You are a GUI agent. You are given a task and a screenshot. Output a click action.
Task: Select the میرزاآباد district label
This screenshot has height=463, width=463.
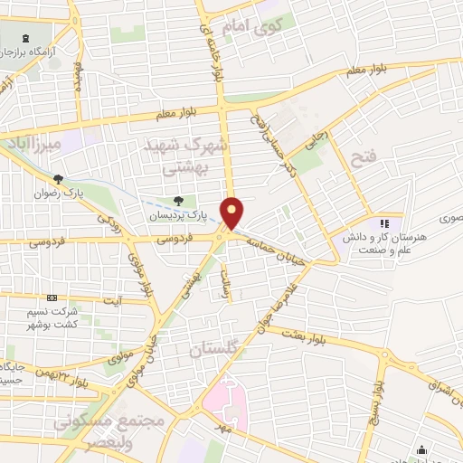pos(30,143)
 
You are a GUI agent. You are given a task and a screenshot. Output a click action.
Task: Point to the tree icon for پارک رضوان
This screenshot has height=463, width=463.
pos(59,179)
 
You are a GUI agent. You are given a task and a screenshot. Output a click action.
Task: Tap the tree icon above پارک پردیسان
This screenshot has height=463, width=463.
pos(177,202)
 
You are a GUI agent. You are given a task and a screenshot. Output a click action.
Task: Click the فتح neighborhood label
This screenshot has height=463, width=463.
pos(362,158)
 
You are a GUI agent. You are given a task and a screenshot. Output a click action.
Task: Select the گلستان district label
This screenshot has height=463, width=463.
pos(214,347)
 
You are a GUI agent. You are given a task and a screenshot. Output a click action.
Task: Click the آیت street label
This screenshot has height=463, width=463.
pos(113,300)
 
